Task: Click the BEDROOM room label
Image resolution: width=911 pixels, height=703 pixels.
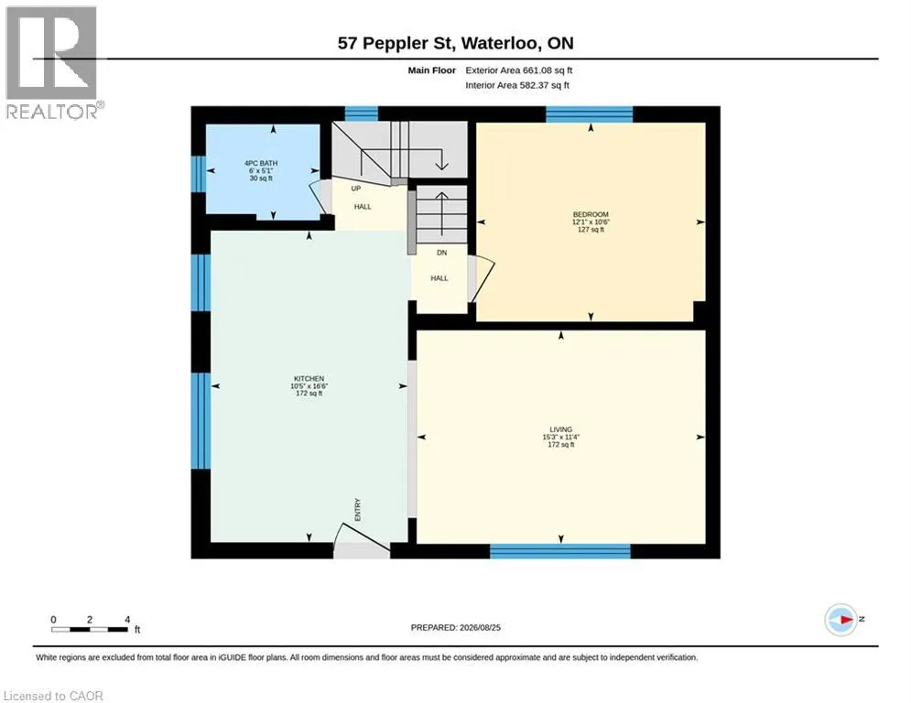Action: point(591,214)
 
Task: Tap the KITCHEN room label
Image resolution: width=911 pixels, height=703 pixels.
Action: point(309,379)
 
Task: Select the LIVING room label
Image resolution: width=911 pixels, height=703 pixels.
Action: point(560,430)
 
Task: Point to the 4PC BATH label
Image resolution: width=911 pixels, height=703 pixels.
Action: point(261,163)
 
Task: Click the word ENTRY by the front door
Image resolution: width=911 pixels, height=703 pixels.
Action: point(357,510)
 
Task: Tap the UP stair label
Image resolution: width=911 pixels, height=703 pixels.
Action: point(355,189)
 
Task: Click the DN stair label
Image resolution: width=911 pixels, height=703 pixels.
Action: point(441,253)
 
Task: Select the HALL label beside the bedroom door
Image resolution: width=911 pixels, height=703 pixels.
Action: point(439,278)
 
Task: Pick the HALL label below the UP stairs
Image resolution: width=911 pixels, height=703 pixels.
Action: point(363,206)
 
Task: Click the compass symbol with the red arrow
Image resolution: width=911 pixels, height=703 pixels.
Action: point(841,620)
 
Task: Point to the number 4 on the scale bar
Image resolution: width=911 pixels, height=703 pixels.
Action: point(127,620)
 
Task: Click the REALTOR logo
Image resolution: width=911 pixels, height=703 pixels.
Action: point(53,63)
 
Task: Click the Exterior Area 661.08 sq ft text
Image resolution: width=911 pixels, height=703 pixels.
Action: point(519,70)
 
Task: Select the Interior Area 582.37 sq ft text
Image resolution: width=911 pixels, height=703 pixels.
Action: point(517,85)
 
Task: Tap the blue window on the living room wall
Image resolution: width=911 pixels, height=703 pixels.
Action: point(560,551)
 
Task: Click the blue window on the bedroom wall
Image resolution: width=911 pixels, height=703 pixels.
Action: point(589,114)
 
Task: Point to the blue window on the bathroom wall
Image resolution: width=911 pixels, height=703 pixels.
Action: point(199,174)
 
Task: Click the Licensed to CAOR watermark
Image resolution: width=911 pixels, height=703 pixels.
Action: point(53,696)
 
